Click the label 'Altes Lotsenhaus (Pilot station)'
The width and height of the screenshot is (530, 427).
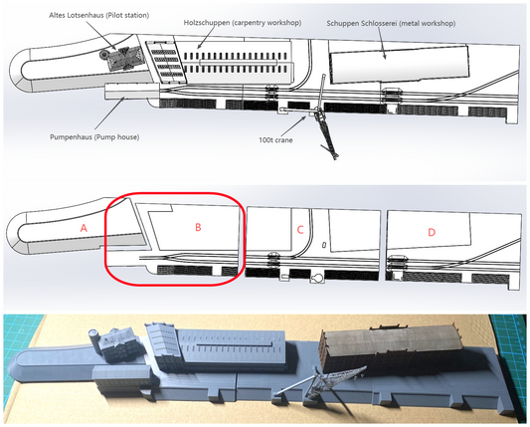99,16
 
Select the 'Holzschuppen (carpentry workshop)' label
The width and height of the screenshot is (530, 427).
243,23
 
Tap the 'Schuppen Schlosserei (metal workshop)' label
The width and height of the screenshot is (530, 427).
391,24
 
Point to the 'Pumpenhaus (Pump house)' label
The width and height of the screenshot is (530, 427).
94,137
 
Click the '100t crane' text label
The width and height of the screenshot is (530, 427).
275,140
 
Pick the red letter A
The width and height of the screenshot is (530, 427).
84,228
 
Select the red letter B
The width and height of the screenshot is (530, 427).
198,227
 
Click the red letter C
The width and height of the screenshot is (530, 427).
300,230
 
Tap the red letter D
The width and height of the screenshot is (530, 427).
432,233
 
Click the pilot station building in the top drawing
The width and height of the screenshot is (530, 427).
125,58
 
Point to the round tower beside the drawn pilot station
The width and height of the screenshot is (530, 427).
103,55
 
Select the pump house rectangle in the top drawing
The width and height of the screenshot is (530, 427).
132,91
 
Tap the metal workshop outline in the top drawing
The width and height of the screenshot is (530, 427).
399,65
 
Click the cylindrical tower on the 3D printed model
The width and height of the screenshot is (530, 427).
93,337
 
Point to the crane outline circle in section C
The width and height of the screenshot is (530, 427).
318,279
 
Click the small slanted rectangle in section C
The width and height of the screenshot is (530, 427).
324,244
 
